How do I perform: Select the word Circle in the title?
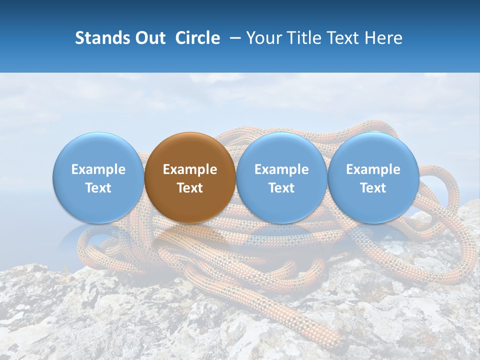coord(197,38)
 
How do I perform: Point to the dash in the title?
coord(235,38)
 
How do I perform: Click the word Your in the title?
coord(263,38)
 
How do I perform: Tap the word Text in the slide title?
coord(343,38)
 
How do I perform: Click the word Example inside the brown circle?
coord(190,169)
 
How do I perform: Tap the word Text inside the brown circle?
coord(190,188)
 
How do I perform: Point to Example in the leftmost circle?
coord(98,169)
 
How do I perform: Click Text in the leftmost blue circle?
coord(98,188)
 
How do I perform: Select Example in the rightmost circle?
coord(373,169)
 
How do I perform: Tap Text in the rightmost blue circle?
coord(373,188)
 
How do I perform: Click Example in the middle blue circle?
coord(281,169)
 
